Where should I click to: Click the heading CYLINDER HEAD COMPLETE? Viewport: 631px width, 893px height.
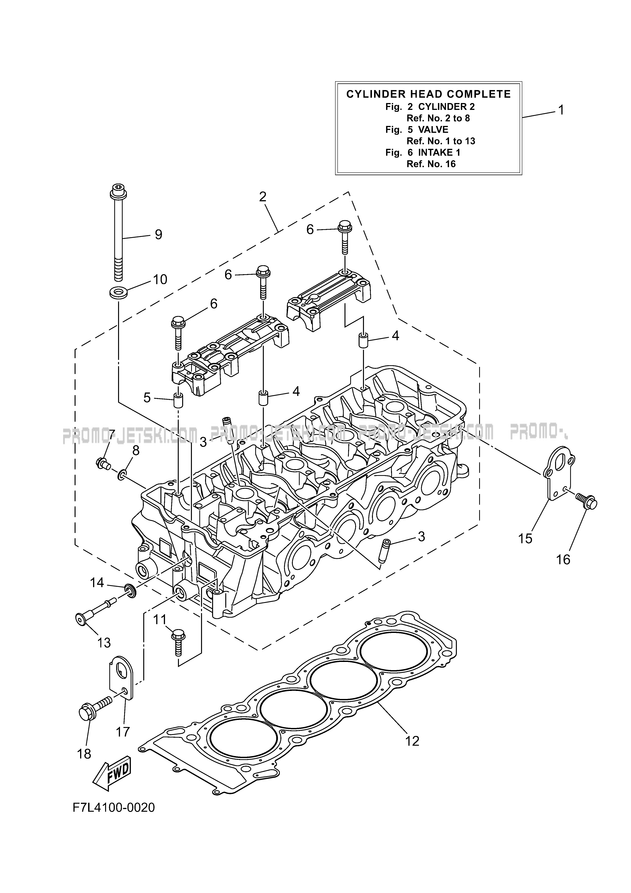pos(428,94)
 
